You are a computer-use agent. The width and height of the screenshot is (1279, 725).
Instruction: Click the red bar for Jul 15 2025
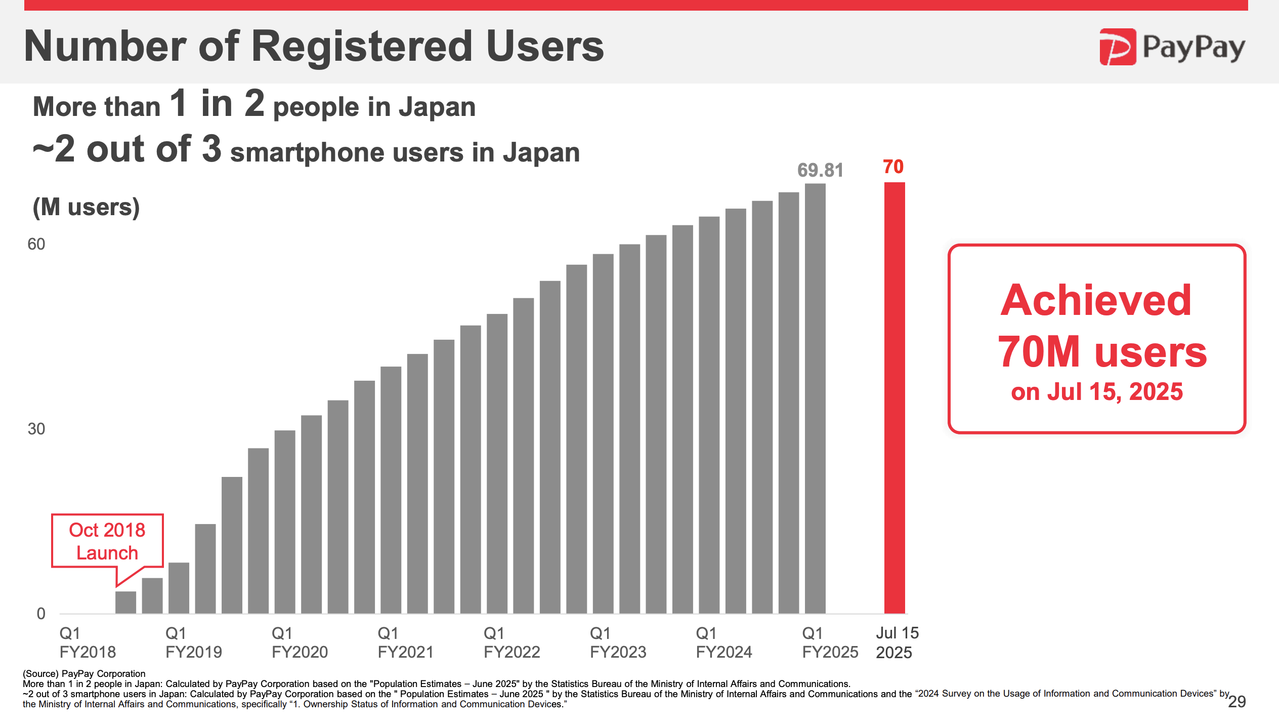894,397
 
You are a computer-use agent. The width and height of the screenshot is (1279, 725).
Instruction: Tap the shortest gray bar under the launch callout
125,602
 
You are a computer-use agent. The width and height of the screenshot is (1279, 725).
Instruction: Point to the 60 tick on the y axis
36,244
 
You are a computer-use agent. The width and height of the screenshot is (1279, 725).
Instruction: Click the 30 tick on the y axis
36,429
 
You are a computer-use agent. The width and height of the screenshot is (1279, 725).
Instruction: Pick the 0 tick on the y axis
41,614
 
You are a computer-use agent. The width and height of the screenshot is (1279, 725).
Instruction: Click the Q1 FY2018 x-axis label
88,642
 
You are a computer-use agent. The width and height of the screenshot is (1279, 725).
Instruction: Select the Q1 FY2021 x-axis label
405,642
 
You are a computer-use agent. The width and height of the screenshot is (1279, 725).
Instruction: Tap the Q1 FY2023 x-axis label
618,642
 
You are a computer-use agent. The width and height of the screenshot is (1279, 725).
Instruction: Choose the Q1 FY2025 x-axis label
830,642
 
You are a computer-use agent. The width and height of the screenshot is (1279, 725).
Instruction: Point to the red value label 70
893,167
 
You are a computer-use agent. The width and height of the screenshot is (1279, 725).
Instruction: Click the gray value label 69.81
820,170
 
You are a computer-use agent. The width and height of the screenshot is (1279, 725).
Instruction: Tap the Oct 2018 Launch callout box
107,541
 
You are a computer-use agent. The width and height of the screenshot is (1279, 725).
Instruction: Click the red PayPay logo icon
1117,47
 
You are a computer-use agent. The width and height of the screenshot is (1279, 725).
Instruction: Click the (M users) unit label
86,207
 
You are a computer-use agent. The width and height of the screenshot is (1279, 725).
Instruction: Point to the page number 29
1237,702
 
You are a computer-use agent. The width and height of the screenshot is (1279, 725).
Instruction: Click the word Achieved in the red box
1096,300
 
